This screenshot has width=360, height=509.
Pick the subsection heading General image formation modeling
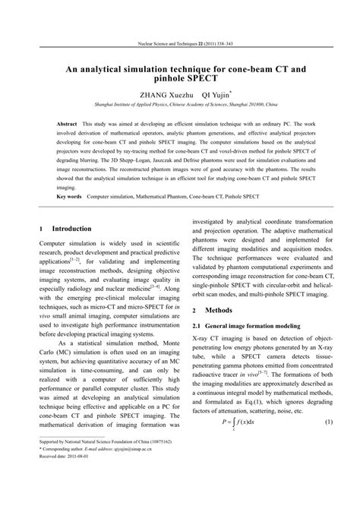click(261, 325)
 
